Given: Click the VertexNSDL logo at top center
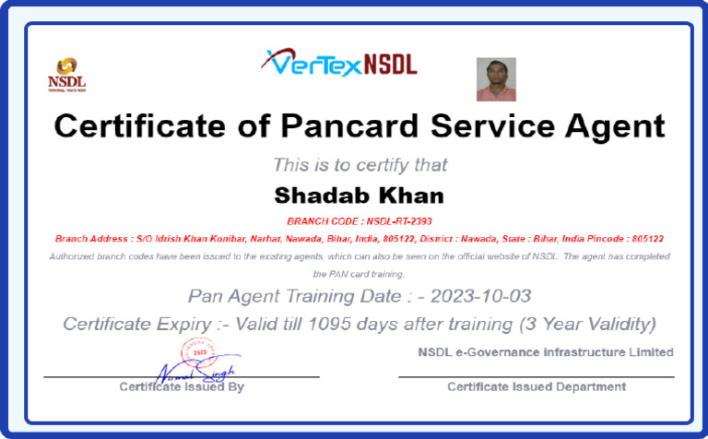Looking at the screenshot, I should click(338, 62).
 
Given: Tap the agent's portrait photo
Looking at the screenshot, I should click(496, 79).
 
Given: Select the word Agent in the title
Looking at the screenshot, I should click(611, 125).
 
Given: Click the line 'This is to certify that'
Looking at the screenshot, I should click(360, 165).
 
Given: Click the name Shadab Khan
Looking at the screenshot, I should click(360, 196).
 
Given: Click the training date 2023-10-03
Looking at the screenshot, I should click(481, 296).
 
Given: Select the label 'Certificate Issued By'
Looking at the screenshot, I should click(182, 386).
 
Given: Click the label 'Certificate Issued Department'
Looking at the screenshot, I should click(537, 386).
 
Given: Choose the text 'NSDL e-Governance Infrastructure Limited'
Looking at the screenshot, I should click(545, 352).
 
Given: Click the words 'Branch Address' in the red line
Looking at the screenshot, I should click(88, 238).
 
